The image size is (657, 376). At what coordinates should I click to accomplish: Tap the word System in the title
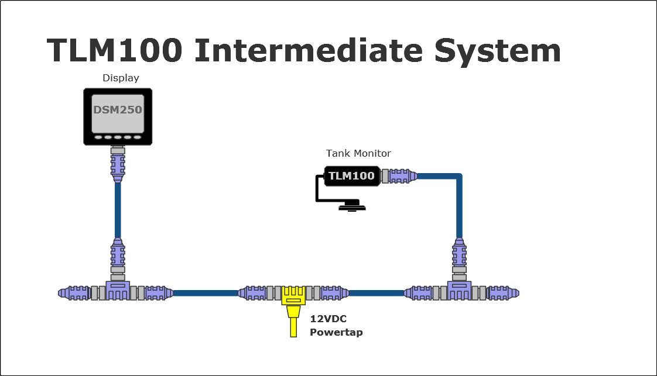[497, 51]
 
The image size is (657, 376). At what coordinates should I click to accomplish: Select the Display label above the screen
[121, 78]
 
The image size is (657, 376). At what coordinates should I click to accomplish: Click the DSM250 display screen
[118, 113]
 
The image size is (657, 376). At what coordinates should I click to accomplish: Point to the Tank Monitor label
[358, 153]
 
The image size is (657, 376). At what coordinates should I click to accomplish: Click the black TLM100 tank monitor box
[351, 176]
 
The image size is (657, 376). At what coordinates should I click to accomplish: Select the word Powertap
[336, 333]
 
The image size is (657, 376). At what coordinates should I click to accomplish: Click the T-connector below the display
[118, 291]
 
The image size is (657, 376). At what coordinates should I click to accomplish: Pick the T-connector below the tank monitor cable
[459, 291]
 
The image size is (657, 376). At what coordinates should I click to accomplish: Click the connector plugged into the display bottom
[118, 163]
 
